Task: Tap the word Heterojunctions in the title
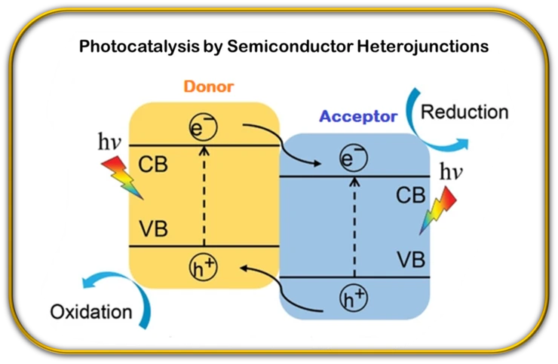pos(428,46)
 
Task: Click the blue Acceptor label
pos(357,117)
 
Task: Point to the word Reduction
pos(464,112)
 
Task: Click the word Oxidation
pos(91,311)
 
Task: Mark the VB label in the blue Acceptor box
pos(411,260)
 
